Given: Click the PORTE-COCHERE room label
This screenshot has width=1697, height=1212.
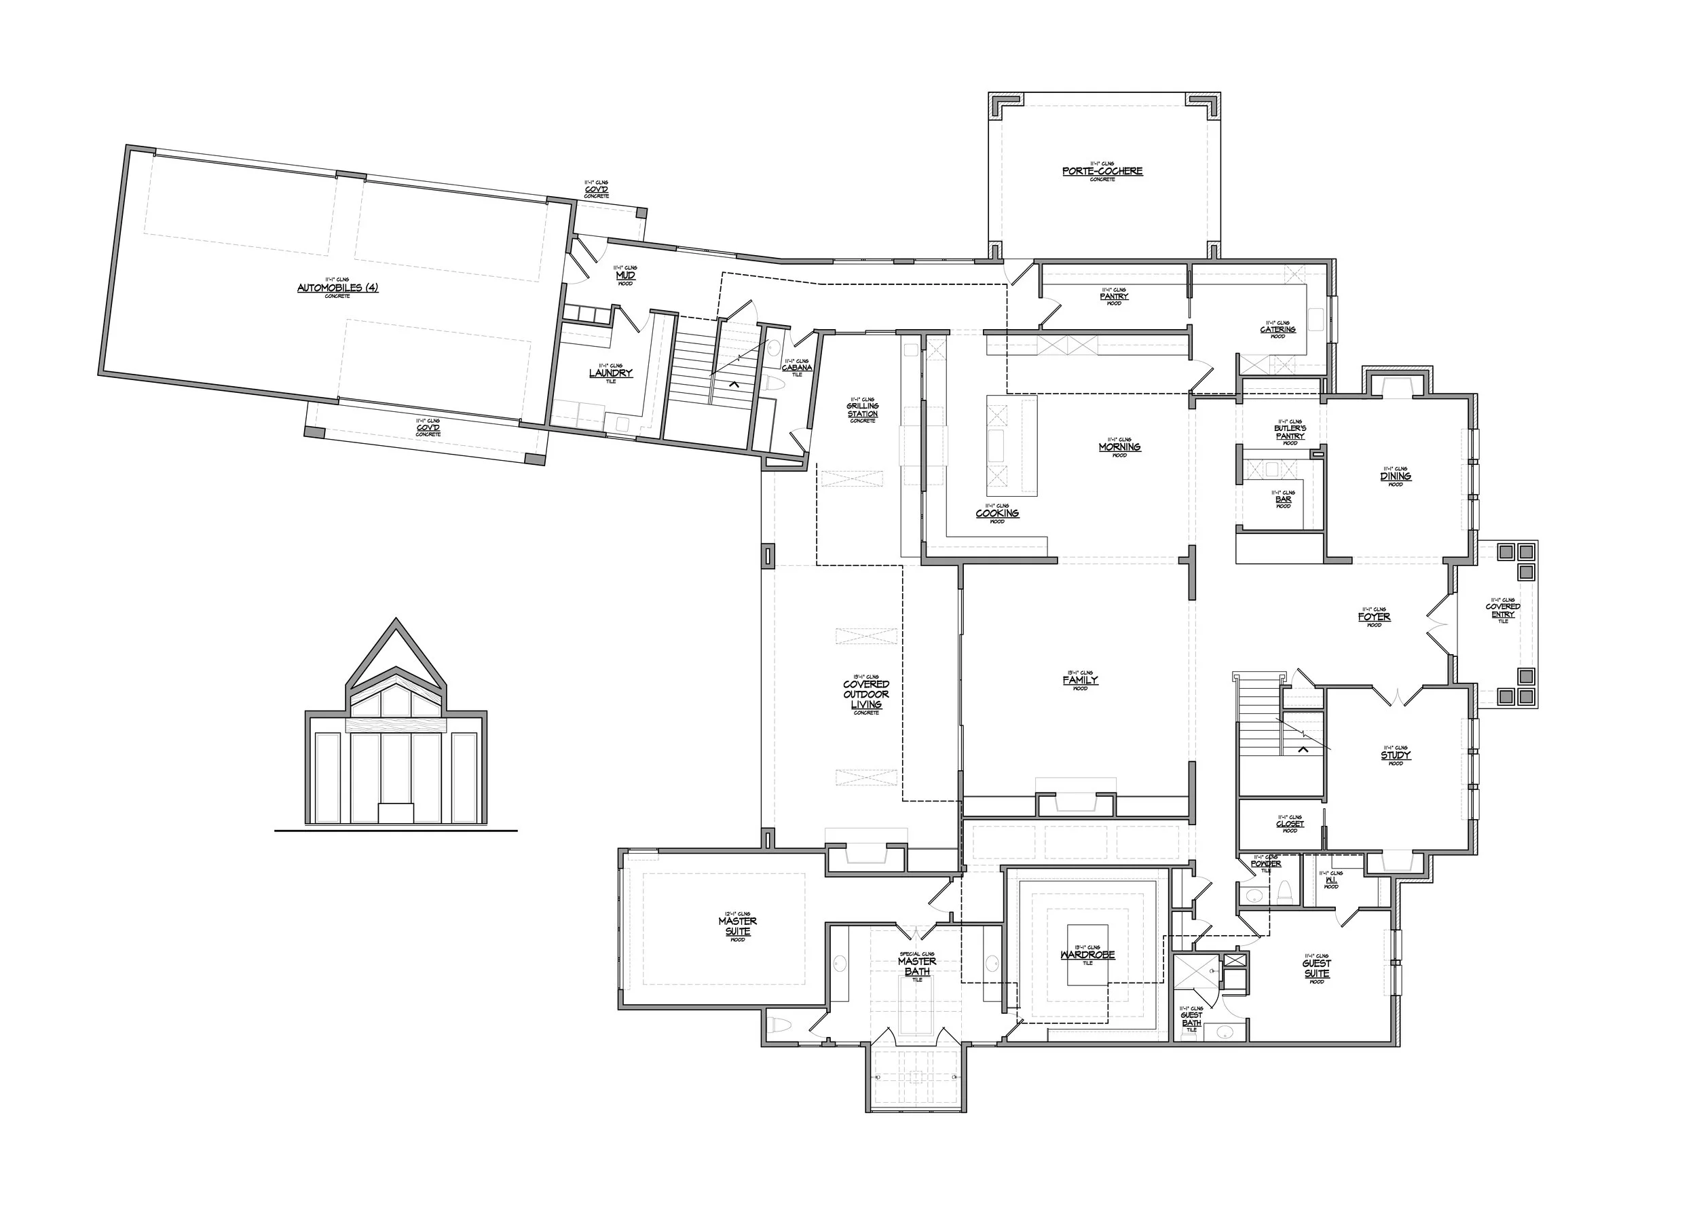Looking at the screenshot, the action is pos(1102,171).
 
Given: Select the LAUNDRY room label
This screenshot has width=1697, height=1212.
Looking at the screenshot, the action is pos(611,373).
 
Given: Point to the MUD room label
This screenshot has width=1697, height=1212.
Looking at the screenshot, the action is pos(626,276).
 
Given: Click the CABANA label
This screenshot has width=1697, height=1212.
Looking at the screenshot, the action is pos(797,367).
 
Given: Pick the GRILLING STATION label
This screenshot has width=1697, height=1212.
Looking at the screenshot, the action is pos(862,410).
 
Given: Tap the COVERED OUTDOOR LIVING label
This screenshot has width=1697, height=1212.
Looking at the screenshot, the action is pos(866,694).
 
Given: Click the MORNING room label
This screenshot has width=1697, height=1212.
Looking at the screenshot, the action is pos(1119,447).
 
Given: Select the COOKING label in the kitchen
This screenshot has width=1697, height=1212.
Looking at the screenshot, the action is pos(997,514).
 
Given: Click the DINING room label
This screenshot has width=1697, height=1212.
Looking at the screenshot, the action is pos(1396,476).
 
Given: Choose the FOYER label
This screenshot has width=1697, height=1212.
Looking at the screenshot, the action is pos(1374,617).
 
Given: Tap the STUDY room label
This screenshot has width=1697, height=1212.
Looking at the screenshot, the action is pos(1396,755).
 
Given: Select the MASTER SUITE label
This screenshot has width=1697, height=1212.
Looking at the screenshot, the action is pos(738,926).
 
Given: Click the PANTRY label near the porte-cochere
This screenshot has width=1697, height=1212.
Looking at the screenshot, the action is pos(1114,297).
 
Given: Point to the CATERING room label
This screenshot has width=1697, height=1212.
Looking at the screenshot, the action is pos(1278,329).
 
